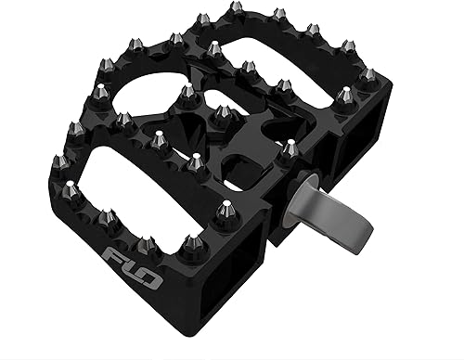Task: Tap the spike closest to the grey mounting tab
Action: pos(290,146)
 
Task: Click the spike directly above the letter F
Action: pos(106,219)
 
